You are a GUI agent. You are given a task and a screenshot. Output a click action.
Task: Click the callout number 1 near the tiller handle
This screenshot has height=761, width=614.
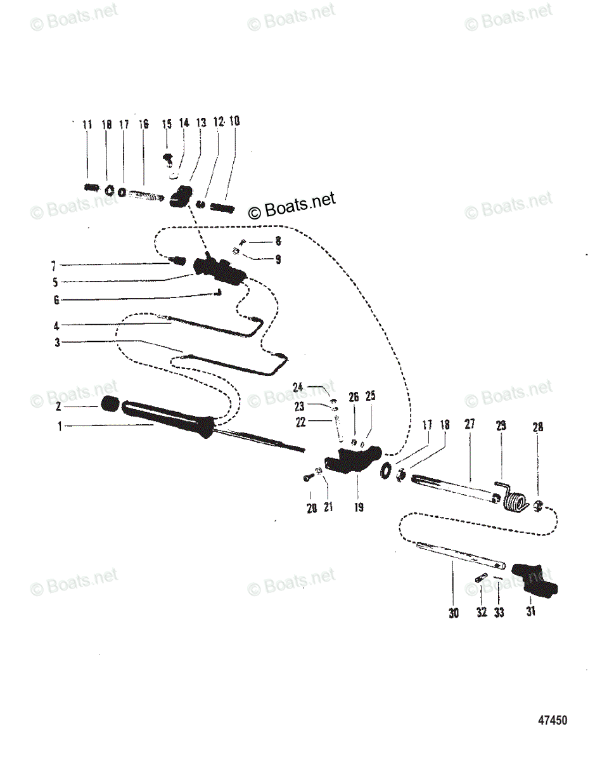[60, 427]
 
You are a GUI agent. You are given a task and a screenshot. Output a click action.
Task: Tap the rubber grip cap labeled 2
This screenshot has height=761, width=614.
[111, 405]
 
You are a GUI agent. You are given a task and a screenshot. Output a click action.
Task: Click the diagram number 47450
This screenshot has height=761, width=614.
[553, 720]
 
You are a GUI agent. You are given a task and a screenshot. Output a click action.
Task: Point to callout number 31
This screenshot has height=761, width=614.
[530, 612]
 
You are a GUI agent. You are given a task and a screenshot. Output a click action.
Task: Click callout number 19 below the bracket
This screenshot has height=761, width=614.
[359, 507]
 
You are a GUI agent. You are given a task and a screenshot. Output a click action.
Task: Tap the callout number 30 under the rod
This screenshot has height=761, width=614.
[454, 613]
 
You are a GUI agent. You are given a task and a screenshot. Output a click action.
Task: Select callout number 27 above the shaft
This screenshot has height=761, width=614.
[469, 426]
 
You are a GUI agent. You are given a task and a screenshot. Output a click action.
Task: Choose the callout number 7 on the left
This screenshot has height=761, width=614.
[54, 266]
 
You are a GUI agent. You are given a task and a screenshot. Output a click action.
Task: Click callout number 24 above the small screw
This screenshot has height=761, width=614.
[298, 386]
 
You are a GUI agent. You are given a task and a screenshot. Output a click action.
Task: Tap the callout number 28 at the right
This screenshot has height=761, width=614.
[538, 427]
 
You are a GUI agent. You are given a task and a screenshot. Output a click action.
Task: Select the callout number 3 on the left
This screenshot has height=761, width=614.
[57, 342]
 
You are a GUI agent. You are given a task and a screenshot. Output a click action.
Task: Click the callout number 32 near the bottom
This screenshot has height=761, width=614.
[482, 613]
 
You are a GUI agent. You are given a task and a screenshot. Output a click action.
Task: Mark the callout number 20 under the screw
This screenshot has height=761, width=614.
[311, 508]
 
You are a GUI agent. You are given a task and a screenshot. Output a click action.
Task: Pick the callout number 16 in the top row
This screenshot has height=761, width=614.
[144, 124]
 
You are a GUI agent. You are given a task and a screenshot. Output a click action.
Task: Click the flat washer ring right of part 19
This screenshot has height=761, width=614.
[385, 471]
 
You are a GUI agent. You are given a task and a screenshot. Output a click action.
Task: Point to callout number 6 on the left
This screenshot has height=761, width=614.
[56, 301]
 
